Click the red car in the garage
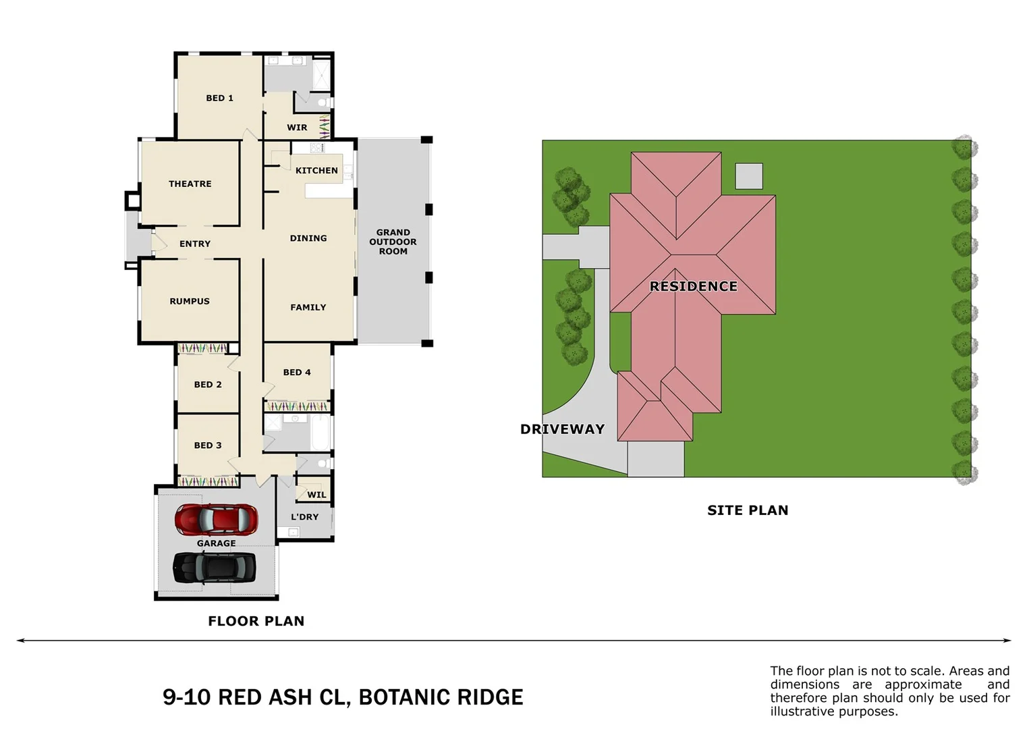pos(216,519)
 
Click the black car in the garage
pos(215,567)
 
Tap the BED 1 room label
pos(219,98)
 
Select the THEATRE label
pos(190,184)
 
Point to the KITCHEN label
pos(316,171)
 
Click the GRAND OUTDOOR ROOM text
pos(393,242)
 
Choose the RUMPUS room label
pos(190,301)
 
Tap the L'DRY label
pos(304,517)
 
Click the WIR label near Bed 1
pos(297,128)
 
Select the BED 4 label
pos(297,372)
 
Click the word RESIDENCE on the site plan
pos(693,286)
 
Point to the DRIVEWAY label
pos(562,429)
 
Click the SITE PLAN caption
pos(748,510)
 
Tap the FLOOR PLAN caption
pos(256,621)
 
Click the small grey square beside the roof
pos(748,176)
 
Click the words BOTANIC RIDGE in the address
pos(441,697)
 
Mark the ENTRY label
pos(195,244)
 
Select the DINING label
pos(308,238)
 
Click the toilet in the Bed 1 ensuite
pos(323,103)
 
